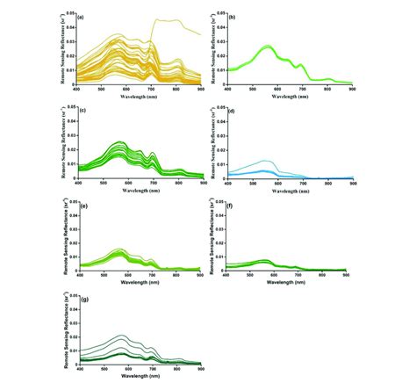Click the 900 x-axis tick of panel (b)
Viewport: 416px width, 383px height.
(x=352, y=89)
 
